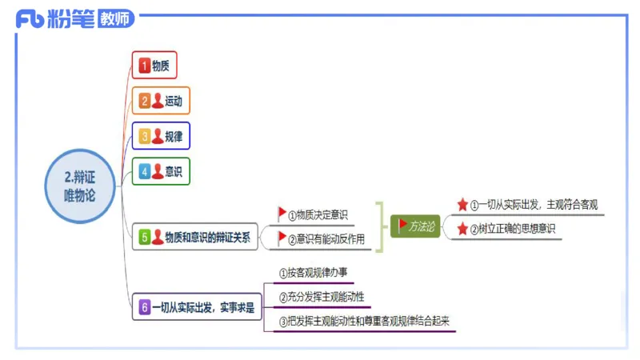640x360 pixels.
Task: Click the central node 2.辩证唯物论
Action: tap(80, 186)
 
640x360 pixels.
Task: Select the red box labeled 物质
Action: tap(154, 66)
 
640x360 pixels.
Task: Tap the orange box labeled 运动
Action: tap(163, 101)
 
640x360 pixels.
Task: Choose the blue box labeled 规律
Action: tap(163, 136)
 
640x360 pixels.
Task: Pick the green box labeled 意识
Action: tap(163, 171)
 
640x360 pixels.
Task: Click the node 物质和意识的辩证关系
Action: tap(196, 237)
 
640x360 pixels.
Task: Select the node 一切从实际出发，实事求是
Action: tap(197, 306)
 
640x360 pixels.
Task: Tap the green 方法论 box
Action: tap(415, 226)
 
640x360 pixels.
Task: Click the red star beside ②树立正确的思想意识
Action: tap(462, 229)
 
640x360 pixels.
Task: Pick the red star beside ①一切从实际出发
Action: tap(462, 205)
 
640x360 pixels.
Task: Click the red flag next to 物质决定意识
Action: tap(282, 214)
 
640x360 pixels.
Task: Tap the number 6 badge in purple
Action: tap(145, 306)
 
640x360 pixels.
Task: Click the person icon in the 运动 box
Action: tap(158, 101)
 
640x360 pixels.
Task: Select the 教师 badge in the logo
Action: tap(115, 20)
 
